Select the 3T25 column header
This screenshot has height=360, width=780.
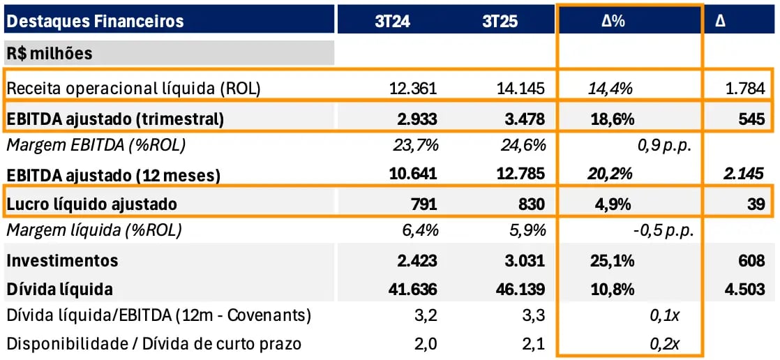click(x=500, y=21)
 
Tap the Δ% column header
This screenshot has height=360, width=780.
click(x=613, y=21)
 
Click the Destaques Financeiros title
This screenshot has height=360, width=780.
click(x=95, y=21)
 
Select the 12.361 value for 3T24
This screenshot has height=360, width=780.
click(x=414, y=88)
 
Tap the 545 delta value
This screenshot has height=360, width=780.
click(x=751, y=119)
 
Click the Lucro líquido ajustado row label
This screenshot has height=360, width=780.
click(x=91, y=204)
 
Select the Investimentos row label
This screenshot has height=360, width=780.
click(x=62, y=261)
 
